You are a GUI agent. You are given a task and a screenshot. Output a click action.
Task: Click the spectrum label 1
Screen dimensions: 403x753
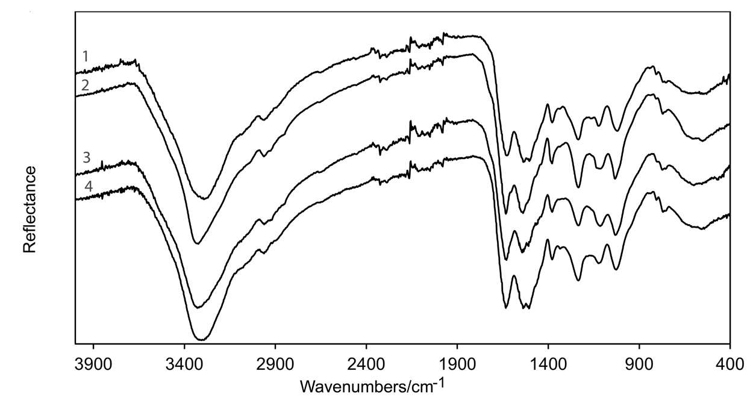click(86, 57)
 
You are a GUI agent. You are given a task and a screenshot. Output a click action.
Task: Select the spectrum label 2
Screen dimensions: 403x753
click(86, 85)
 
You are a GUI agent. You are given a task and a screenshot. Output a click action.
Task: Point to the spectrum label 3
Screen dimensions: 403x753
click(86, 158)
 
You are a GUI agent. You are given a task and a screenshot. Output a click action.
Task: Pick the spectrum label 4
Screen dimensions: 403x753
click(88, 187)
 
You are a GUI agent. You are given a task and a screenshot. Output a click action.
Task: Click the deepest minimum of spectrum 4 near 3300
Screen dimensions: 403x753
click(199, 340)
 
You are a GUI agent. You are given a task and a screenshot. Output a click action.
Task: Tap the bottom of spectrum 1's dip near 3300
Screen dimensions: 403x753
click(205, 198)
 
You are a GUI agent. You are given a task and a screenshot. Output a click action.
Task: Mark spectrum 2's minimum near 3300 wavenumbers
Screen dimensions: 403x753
click(196, 243)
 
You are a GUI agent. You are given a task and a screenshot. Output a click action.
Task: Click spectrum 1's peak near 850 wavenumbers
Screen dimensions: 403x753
click(650, 67)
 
